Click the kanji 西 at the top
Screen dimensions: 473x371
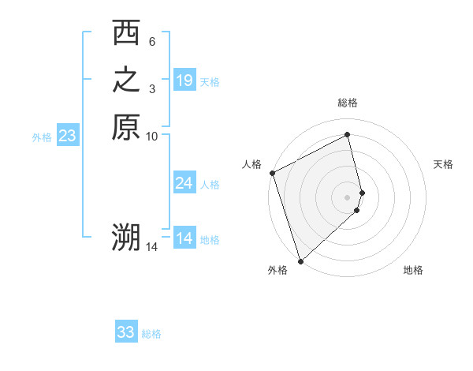[x=126, y=35]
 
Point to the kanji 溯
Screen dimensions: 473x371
[x=126, y=238]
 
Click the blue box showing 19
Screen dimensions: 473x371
[x=184, y=81]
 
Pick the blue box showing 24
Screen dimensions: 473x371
[x=184, y=183]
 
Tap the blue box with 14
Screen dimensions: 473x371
[x=184, y=238]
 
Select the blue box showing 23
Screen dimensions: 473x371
[x=68, y=136]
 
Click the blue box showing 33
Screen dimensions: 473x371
[x=126, y=332]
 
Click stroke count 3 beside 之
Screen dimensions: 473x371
[x=151, y=88]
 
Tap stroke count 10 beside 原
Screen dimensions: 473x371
[x=152, y=136]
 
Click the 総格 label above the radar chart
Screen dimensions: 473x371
[x=348, y=103]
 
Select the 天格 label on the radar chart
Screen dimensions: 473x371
[x=443, y=164]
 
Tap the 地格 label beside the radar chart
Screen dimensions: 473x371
[x=413, y=270]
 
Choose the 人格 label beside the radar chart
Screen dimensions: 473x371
[x=251, y=164]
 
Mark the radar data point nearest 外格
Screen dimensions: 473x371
[x=300, y=260]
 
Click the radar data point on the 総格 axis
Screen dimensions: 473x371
[x=348, y=134]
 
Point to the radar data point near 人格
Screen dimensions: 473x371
[x=272, y=173]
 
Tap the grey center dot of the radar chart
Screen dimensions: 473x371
[x=348, y=197]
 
